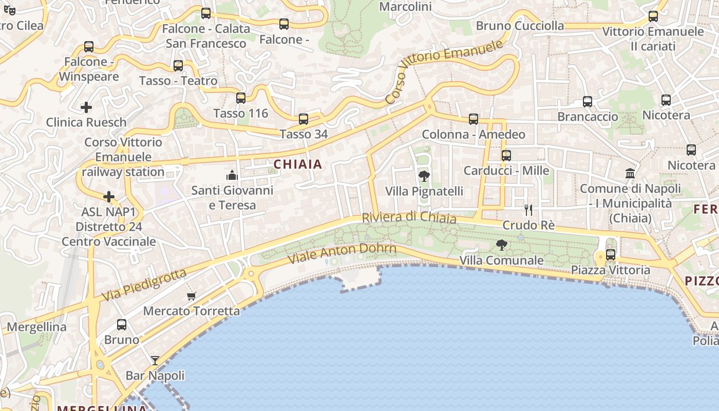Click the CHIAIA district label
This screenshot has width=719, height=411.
pos(298,164)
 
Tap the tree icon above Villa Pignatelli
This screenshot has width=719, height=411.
pos(424,176)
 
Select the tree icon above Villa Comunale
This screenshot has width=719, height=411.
pos(502,245)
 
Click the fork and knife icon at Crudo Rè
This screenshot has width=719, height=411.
pos(528,210)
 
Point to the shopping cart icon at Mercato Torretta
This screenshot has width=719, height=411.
pos(191,296)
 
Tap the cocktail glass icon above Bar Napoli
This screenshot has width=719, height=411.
pos(155,360)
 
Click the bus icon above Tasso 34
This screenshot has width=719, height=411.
pos(304,119)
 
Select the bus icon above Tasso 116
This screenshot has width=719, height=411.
pos(241,98)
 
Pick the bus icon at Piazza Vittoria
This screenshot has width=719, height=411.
pos(611,254)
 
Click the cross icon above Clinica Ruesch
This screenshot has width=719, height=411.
pos(86,107)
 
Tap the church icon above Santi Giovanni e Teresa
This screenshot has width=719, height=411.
pos(232,175)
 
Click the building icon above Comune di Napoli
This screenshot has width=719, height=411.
pos(630,173)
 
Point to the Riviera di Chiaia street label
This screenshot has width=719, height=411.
pos(409,217)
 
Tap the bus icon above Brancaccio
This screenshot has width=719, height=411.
pos(588,102)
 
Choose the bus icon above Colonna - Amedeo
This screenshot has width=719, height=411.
pos(474,119)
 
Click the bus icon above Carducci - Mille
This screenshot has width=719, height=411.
pos(506,155)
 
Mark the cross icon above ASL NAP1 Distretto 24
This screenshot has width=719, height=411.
pos(109,197)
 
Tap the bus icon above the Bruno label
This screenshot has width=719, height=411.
pos(122,325)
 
